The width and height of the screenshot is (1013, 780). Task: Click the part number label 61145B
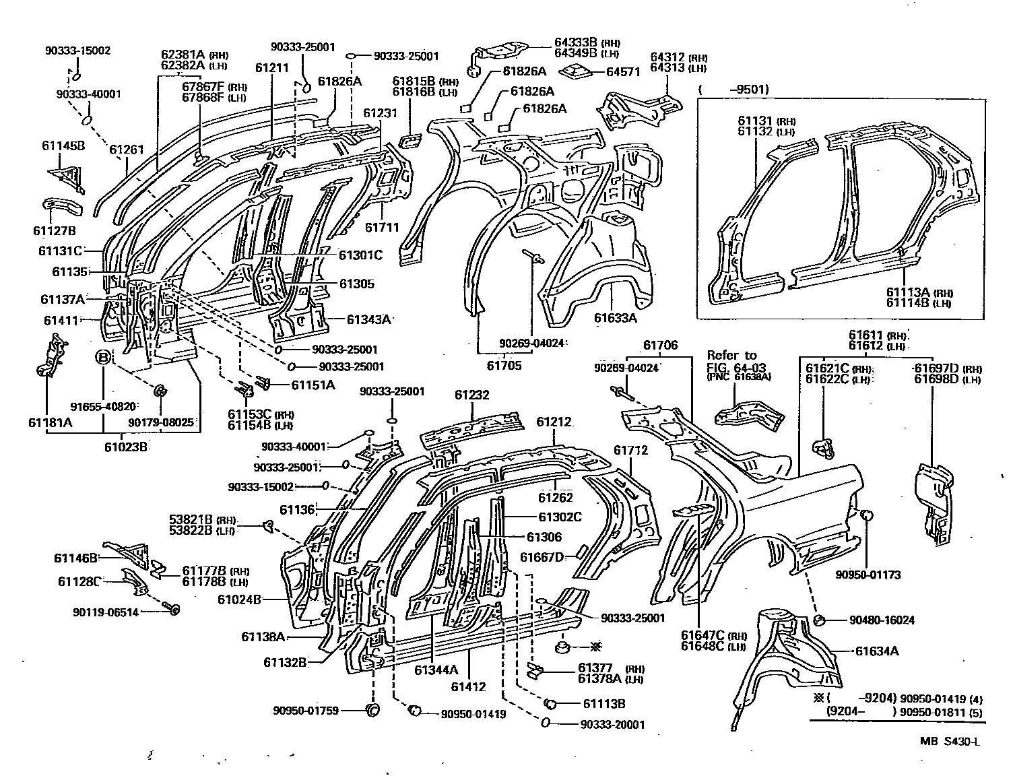(x=63, y=145)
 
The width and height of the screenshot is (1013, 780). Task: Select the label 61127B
(x=54, y=230)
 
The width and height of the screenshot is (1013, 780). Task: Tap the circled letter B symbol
(x=102, y=357)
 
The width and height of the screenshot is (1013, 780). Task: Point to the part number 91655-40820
(x=102, y=406)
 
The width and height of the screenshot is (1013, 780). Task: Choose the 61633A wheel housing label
(x=614, y=317)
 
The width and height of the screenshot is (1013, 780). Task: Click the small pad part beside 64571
(x=576, y=71)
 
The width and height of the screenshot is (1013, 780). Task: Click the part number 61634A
(x=876, y=651)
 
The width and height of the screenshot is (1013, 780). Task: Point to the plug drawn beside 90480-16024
(x=820, y=620)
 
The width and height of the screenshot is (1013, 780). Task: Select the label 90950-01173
(x=868, y=575)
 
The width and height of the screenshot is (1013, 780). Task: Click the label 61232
(x=471, y=395)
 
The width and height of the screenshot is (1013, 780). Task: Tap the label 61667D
(x=541, y=556)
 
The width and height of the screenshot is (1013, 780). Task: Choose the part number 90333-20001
(x=612, y=725)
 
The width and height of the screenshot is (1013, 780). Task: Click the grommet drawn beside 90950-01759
(x=372, y=710)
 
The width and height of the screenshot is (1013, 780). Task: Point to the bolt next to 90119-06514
(x=172, y=610)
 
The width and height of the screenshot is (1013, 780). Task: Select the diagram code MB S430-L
(x=950, y=741)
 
